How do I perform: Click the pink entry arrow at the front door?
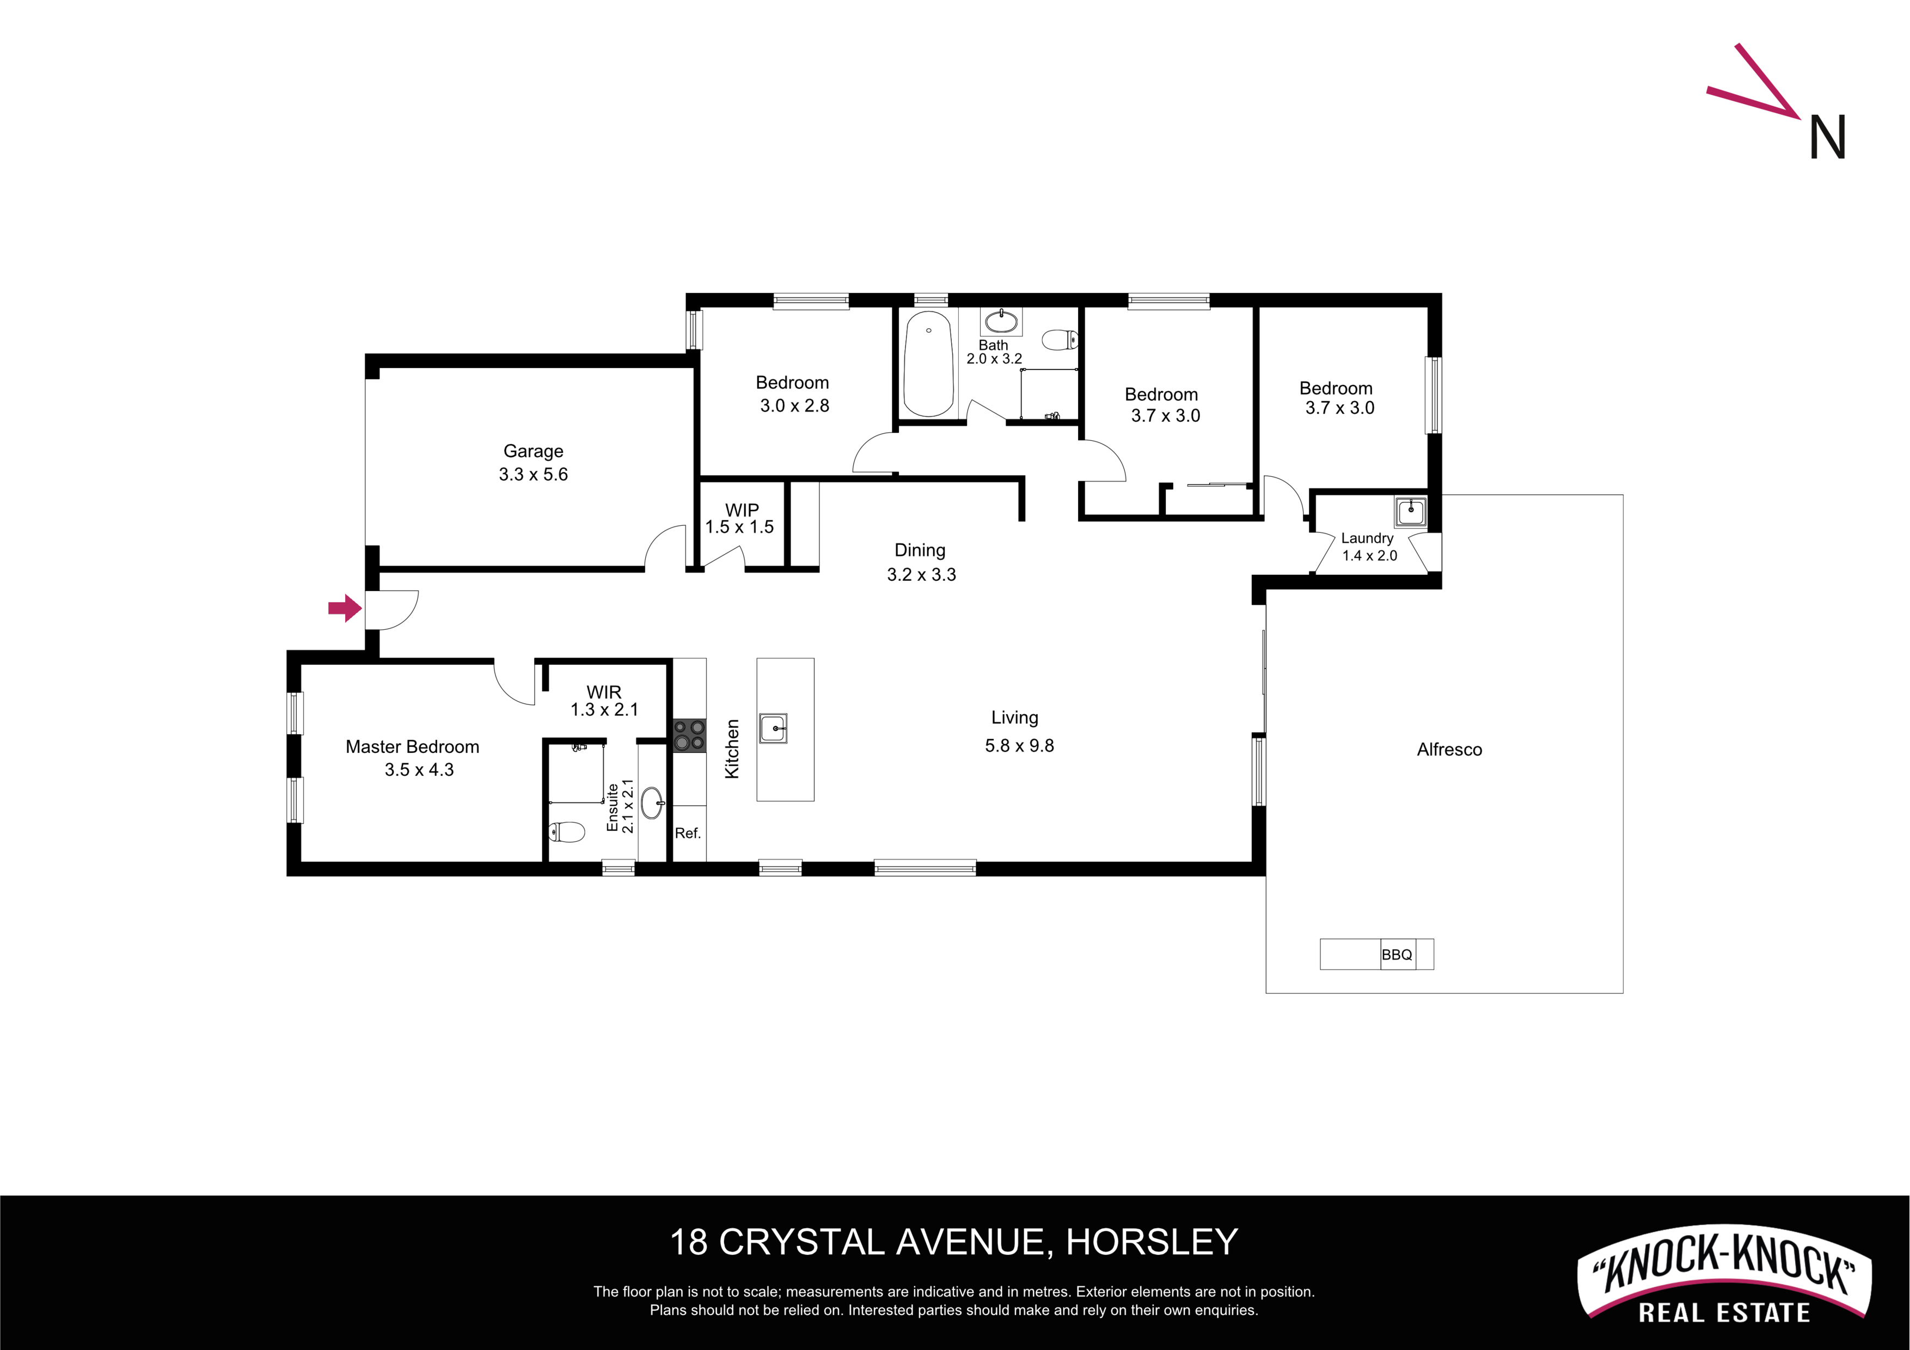point(345,608)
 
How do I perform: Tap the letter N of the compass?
point(1828,137)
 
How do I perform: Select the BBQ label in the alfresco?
point(1397,955)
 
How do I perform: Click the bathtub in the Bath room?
point(928,364)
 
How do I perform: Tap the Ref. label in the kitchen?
point(688,833)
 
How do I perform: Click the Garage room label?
point(533,451)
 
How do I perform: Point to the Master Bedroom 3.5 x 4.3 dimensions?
point(419,769)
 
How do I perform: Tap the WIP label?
point(742,510)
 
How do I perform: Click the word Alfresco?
point(1449,750)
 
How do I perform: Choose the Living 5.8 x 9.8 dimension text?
point(1019,745)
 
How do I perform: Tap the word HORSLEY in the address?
point(1152,1242)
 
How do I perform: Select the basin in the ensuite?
point(653,803)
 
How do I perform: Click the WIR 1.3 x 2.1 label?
point(604,701)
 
